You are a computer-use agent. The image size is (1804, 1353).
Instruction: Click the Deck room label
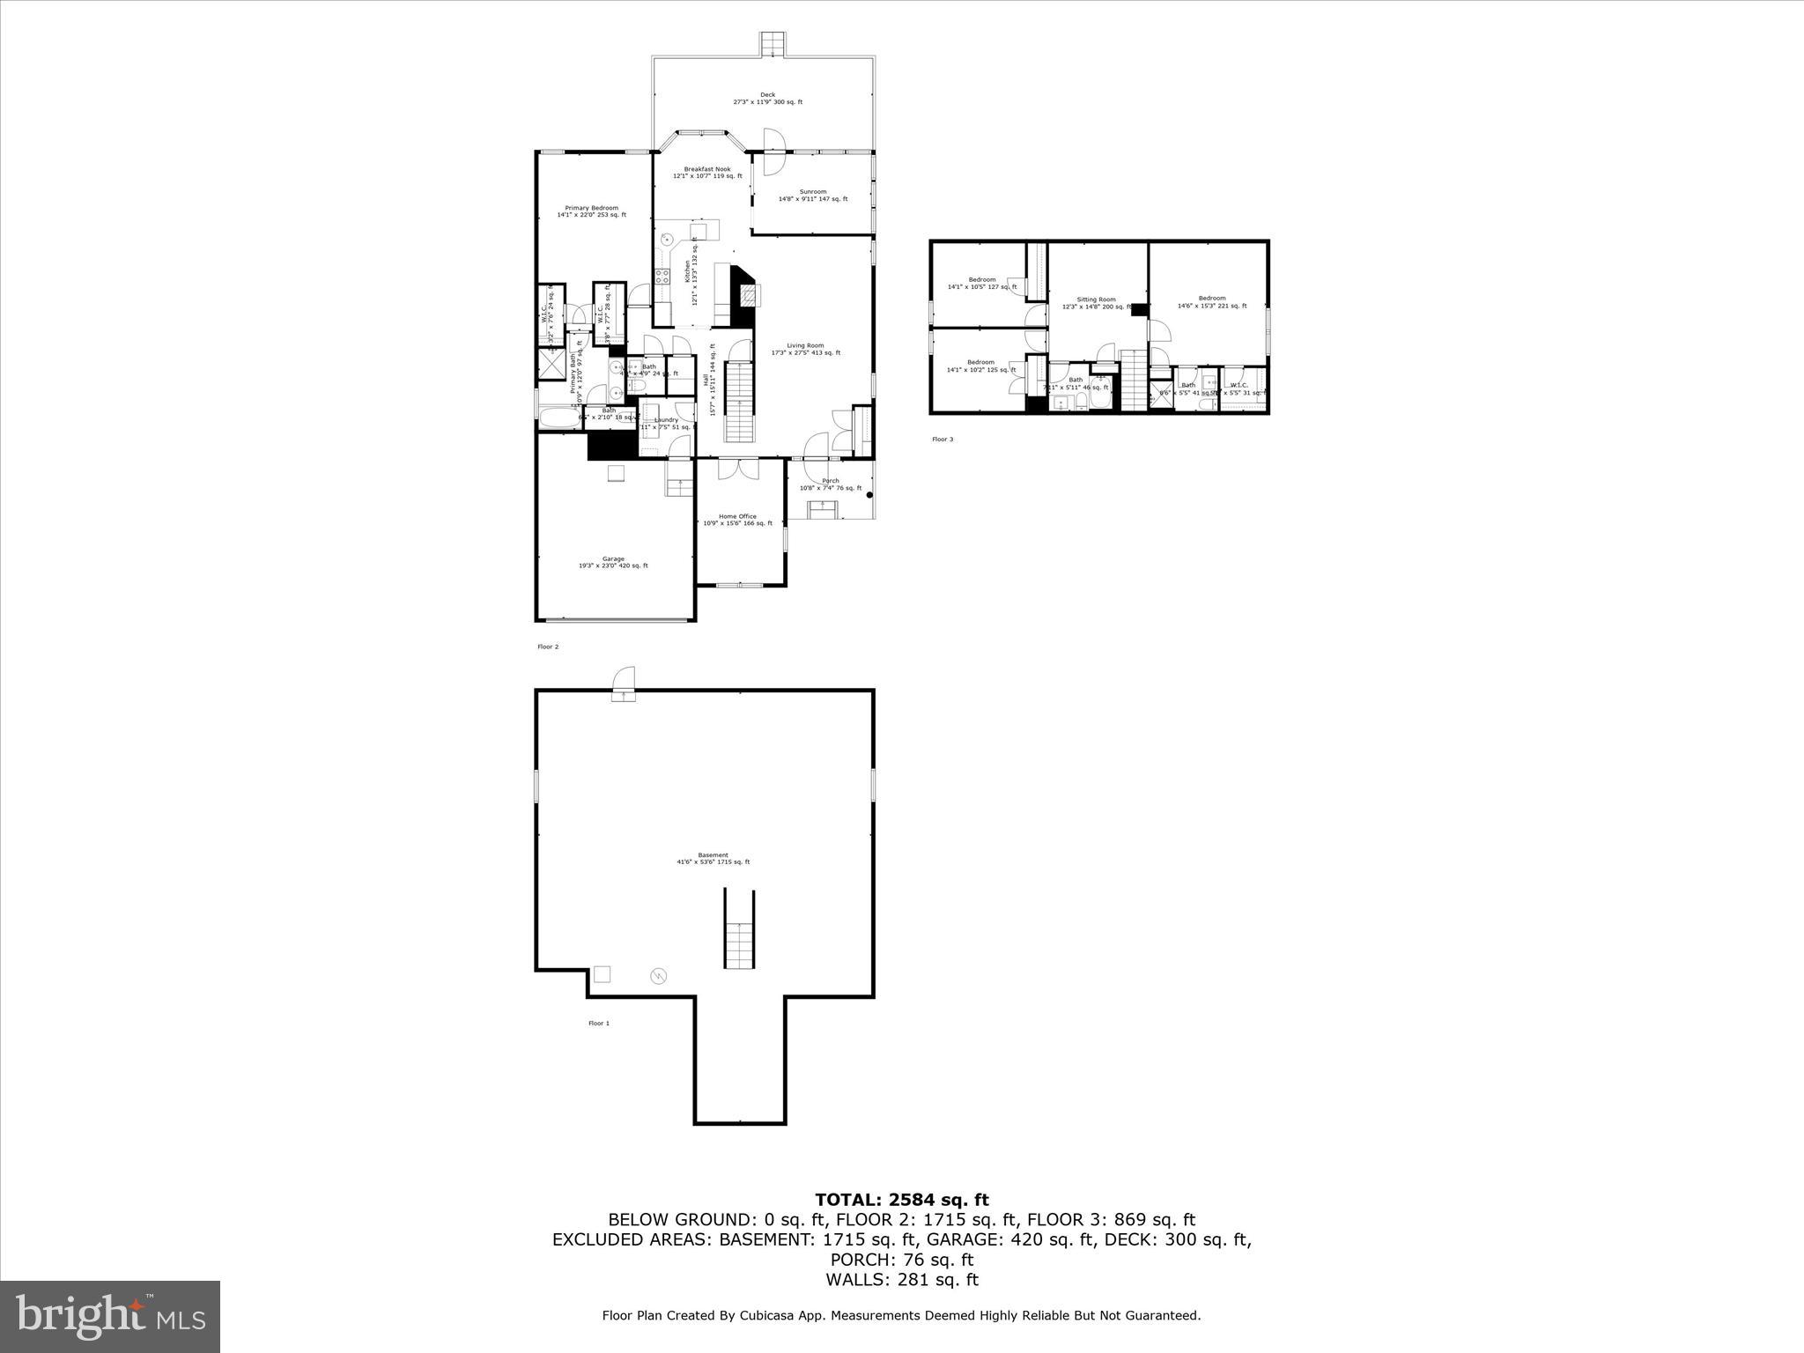767,98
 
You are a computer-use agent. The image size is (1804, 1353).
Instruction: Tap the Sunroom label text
812,195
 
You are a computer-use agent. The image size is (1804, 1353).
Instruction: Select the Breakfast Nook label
707,172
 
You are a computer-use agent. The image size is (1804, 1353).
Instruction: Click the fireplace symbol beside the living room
746,295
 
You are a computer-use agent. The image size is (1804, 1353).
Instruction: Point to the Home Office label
737,520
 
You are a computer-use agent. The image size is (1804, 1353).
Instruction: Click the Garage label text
613,562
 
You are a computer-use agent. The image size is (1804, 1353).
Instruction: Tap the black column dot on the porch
870,496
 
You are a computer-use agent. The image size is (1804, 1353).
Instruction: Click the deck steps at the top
773,44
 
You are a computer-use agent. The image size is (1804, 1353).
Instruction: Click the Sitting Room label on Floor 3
1096,303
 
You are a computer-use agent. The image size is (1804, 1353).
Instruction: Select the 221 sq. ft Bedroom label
1211,301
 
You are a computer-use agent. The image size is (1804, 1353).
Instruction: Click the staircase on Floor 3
1132,380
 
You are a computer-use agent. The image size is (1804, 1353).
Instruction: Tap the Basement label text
713,858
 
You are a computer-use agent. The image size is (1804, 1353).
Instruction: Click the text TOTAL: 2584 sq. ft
901,1200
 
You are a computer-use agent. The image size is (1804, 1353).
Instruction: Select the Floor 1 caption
598,1023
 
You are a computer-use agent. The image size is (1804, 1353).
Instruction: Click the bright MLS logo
110,1315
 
